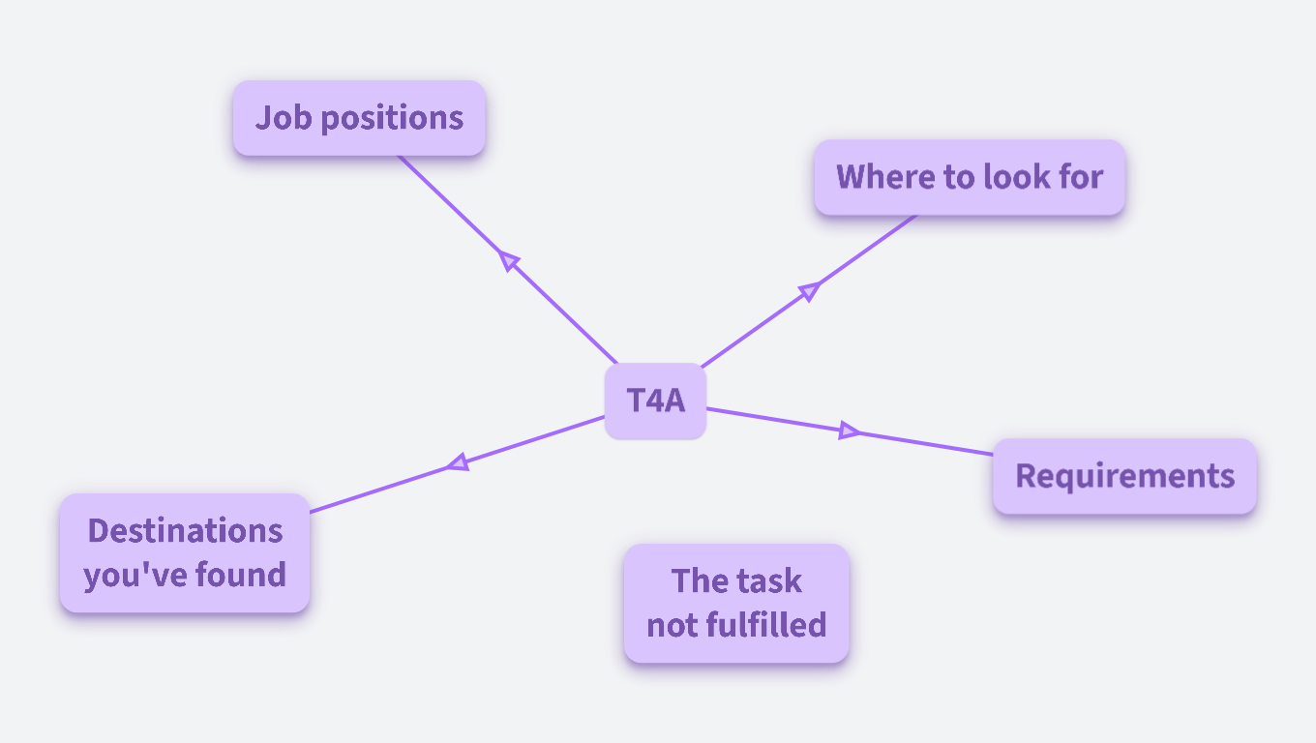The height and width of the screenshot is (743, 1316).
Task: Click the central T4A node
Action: (x=655, y=401)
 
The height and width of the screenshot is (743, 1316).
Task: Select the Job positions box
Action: (x=359, y=118)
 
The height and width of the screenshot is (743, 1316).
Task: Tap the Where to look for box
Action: (x=969, y=177)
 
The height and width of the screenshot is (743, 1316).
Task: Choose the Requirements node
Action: (x=1124, y=476)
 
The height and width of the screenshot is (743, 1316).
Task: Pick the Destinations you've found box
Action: (x=185, y=552)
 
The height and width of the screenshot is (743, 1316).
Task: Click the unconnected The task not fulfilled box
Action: (x=736, y=603)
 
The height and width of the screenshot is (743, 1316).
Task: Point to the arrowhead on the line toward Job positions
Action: (x=509, y=259)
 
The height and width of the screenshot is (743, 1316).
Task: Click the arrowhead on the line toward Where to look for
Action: (x=809, y=290)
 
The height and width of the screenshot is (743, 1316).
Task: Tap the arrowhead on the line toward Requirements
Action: (x=849, y=431)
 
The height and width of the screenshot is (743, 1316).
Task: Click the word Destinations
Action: (x=185, y=530)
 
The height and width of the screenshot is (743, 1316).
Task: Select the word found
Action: (x=241, y=575)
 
